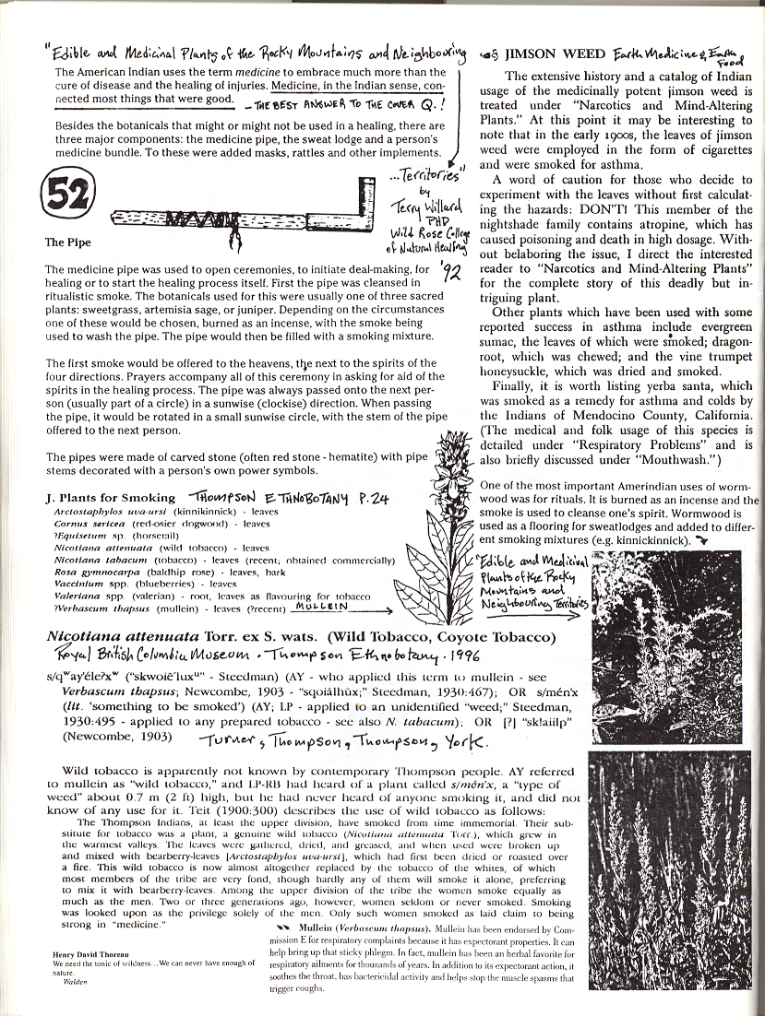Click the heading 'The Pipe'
tap(66, 243)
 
